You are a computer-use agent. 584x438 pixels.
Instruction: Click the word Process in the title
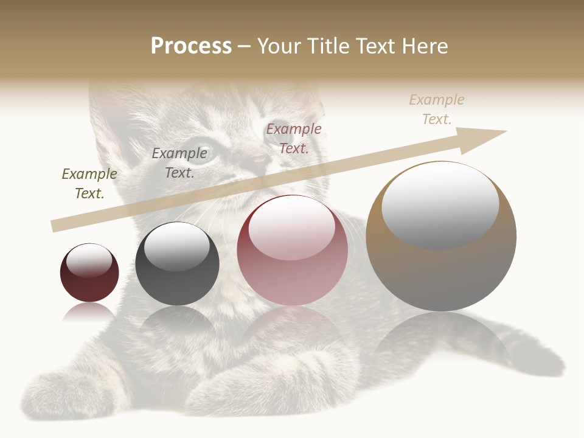pos(191,46)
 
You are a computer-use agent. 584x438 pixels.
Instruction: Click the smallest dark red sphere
pos(89,273)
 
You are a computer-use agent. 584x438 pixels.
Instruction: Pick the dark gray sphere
pos(177,263)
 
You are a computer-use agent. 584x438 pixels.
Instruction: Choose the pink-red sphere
pos(292,250)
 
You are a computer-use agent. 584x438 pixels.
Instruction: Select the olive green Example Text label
pos(89,184)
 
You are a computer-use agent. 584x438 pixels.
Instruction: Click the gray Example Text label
pos(179,163)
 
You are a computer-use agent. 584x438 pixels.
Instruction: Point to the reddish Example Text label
pos(294,138)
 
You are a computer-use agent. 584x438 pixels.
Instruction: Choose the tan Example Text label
pos(437,109)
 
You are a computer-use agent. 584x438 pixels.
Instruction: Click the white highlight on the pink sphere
pos(292,227)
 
